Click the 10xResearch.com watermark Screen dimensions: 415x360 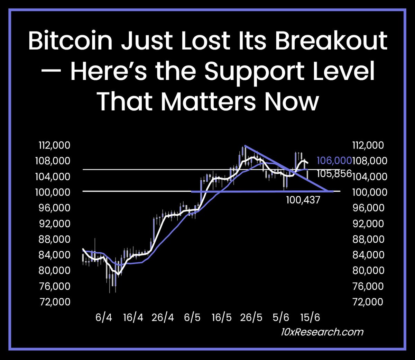322,332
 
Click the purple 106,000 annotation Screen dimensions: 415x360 334,161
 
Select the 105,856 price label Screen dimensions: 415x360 334,173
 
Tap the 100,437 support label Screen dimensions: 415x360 303,200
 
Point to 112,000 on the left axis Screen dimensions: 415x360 55,145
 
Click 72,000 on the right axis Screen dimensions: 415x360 368,302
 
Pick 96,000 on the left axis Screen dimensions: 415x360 53,208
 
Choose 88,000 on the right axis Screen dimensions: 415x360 368,239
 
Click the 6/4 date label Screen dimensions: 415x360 104,317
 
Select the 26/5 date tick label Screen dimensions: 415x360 251,317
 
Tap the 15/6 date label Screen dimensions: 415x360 310,317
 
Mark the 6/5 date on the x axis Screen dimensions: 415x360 192,317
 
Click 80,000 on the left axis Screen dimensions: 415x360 54,270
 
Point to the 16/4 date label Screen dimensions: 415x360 133,317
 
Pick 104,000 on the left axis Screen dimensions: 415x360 53,177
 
